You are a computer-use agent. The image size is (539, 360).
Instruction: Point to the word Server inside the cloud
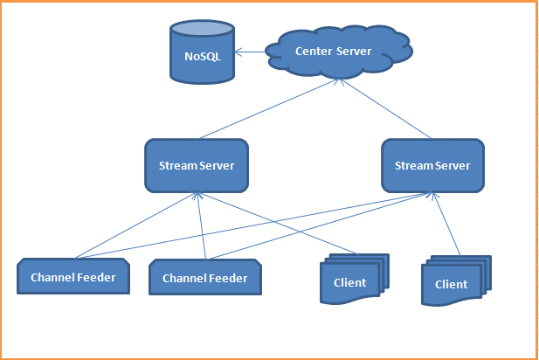point(355,52)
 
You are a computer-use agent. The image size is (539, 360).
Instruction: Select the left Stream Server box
point(197,166)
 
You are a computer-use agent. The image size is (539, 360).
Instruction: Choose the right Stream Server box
point(432,166)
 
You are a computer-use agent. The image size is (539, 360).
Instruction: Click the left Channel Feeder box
point(73,277)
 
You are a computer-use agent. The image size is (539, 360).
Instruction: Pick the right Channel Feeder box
point(205,279)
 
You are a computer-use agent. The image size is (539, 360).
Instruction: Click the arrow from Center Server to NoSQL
point(251,52)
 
